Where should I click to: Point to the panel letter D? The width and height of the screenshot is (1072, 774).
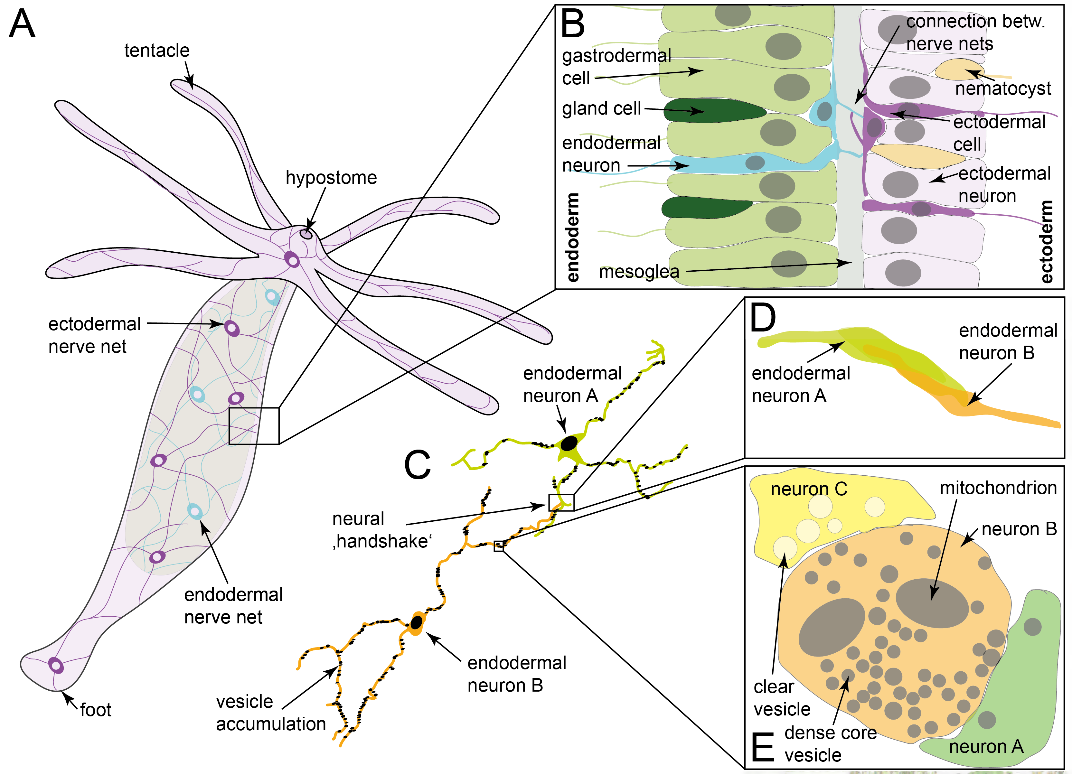click(x=763, y=318)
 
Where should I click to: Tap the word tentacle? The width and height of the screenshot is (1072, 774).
click(x=156, y=51)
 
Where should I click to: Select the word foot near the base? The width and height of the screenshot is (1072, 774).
click(x=96, y=710)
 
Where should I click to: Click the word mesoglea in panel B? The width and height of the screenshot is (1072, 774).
click(x=639, y=272)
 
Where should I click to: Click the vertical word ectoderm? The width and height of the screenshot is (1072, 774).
click(x=1047, y=241)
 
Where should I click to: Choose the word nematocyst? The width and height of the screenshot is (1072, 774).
click(x=1003, y=89)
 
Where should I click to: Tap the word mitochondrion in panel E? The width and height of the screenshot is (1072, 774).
click(x=998, y=488)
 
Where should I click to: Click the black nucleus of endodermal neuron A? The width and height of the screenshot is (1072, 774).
click(x=569, y=443)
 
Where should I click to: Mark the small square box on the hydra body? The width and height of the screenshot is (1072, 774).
click(x=254, y=426)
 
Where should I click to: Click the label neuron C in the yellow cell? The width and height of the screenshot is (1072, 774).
click(x=809, y=489)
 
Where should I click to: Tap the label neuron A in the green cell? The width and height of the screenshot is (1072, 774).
click(x=986, y=747)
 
